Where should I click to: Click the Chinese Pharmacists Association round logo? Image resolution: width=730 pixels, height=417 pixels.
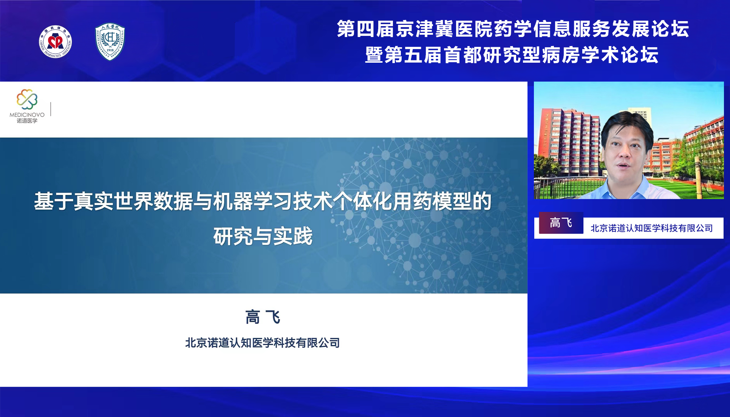coord(56,42)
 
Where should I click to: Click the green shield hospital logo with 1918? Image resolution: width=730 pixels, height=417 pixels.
coord(110,41)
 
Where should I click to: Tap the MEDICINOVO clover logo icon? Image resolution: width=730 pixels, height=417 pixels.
coord(27,99)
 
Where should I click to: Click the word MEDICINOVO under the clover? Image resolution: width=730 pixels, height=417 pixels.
coord(27,115)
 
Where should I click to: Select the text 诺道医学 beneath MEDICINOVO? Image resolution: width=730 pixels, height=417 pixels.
coord(27,121)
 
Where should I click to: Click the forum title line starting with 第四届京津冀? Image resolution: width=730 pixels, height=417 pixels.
coord(513,29)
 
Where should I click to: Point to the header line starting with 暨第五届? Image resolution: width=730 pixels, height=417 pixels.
coord(512,55)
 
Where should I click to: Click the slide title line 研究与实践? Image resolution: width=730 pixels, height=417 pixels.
coord(263,236)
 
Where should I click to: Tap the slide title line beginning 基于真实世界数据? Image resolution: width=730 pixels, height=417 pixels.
coord(263,201)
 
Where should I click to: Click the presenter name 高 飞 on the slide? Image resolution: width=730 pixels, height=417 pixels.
coord(263,317)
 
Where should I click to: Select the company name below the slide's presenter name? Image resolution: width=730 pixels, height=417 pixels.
coord(263,343)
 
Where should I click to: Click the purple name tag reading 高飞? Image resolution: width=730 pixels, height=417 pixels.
coord(561,223)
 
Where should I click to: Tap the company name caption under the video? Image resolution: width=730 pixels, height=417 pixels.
coord(652,228)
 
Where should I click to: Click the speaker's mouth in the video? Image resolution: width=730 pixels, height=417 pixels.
coord(623,165)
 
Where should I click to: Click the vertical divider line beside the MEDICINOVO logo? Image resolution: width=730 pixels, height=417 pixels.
coord(51,109)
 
